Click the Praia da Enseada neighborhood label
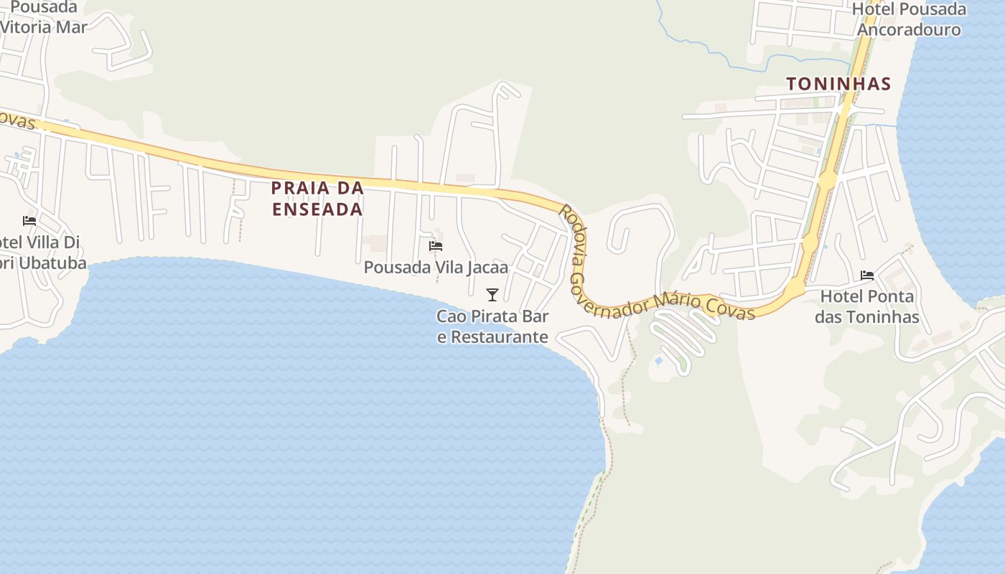tap(317, 199)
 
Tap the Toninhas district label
tap(838, 84)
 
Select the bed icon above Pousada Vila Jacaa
tap(436, 246)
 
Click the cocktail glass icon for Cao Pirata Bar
tap(492, 294)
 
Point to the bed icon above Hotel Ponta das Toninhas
tap(867, 275)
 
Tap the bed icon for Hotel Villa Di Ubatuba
tap(29, 220)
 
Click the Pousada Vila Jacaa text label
tap(436, 268)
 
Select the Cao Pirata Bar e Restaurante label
tap(492, 326)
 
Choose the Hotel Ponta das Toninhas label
tap(867, 306)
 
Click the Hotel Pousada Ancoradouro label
tap(909, 19)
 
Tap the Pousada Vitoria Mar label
tap(43, 17)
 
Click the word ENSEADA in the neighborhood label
tap(317, 210)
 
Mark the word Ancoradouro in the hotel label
tap(909, 29)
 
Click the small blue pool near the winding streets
tap(658, 361)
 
